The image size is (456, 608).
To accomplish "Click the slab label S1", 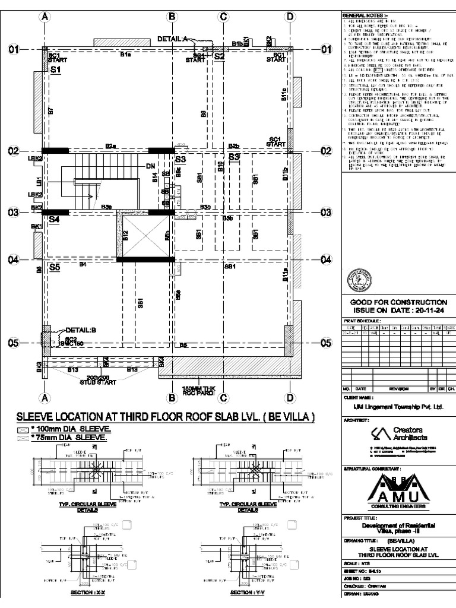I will point(56,70).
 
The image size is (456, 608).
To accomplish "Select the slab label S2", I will point(219,57).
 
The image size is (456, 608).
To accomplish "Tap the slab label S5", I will point(55,268).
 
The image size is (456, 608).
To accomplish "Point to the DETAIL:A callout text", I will point(173,39).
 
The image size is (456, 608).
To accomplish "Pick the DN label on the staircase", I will point(150,167).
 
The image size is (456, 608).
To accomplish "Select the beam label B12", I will point(125,235).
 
